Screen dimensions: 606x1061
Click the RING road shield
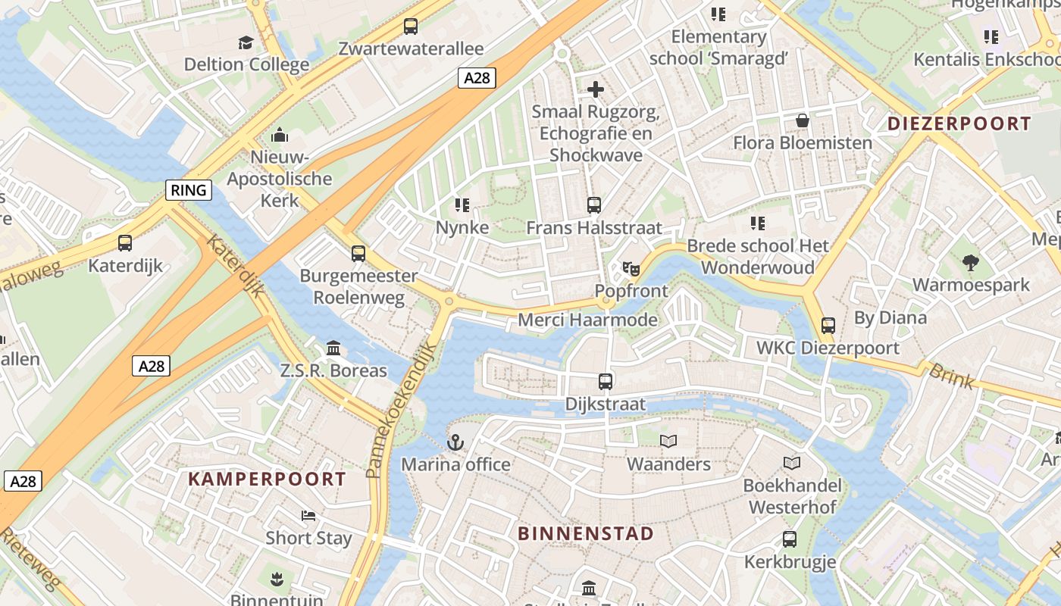tap(189, 190)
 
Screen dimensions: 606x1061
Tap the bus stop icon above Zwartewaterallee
tap(410, 27)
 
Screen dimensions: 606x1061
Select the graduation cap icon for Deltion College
tap(246, 42)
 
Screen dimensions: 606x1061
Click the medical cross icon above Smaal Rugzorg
tap(596, 89)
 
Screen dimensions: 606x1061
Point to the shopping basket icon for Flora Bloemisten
tap(802, 121)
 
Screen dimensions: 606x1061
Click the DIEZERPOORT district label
tap(959, 123)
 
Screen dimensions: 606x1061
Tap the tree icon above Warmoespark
tap(970, 263)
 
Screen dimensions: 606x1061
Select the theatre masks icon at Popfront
tap(631, 269)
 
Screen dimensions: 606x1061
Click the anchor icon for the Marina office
tap(455, 442)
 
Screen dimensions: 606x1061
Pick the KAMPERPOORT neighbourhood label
tap(267, 479)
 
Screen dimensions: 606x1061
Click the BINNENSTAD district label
tap(585, 533)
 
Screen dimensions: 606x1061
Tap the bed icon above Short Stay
tap(308, 516)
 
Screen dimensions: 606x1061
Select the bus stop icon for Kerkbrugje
tap(790, 539)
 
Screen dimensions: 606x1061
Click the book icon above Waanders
tap(668, 441)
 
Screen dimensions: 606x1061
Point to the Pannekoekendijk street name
tap(402, 410)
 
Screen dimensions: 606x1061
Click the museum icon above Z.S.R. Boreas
tap(333, 348)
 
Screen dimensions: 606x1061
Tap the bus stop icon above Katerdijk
tap(125, 243)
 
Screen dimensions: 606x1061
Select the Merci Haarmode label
tap(587, 320)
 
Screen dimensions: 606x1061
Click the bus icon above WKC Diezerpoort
tap(828, 326)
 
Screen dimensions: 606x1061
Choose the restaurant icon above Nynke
tap(462, 205)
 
